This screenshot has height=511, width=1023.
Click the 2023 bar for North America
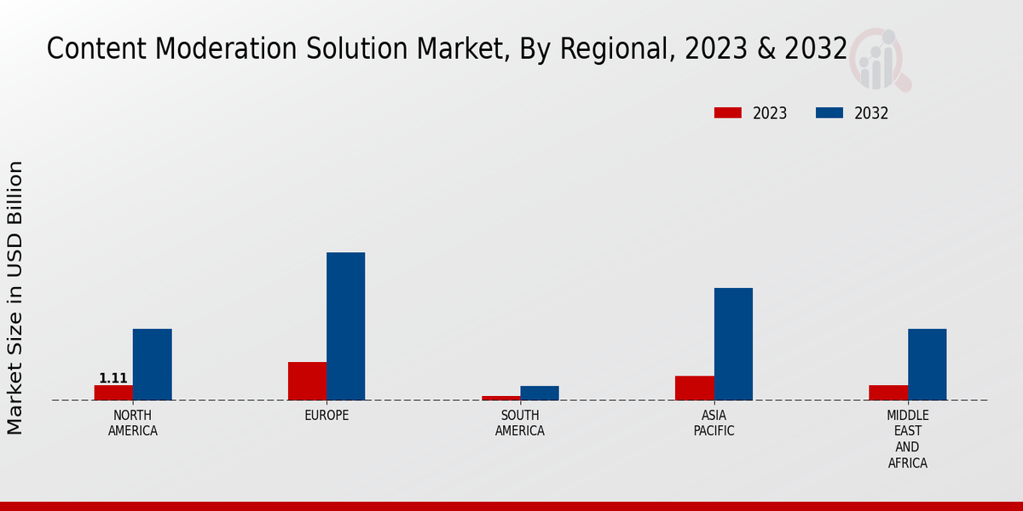click(113, 393)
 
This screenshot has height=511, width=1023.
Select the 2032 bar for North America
click(152, 365)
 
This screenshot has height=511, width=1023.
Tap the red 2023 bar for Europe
click(307, 381)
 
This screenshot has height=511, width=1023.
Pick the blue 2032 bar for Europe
click(345, 326)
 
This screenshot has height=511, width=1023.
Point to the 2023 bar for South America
click(500, 398)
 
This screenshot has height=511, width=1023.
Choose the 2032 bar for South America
click(540, 393)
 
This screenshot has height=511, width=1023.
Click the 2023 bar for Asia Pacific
click(694, 388)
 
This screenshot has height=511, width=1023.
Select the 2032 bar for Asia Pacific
click(733, 344)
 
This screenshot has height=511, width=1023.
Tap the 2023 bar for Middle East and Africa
click(888, 393)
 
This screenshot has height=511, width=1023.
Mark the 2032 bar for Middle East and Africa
click(927, 365)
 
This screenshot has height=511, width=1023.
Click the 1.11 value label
click(113, 378)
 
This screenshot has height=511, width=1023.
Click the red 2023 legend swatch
click(728, 113)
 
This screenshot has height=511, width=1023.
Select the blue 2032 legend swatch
click(829, 113)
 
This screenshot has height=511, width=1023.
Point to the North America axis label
click(132, 423)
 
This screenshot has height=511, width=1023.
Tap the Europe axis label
click(327, 416)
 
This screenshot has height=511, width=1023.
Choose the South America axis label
click(520, 423)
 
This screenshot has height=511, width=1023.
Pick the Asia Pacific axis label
click(714, 423)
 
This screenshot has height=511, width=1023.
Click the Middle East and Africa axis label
click(907, 439)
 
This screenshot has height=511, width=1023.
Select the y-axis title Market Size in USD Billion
click(15, 297)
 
